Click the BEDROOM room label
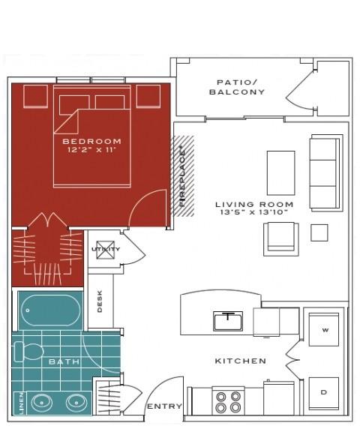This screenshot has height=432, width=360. pos(92,141)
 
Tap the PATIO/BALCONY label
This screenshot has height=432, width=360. pos(237,87)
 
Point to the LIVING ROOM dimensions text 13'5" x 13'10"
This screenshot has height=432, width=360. pos(254,212)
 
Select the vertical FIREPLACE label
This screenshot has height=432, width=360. pos(182,175)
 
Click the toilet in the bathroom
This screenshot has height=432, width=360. pos(28,351)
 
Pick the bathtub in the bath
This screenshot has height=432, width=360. pos(51,310)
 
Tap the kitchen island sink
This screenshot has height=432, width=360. pos(228,321)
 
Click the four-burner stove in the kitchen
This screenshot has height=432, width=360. pos(228,401)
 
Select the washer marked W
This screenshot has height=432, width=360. pos(324,329)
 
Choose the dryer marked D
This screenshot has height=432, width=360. pos(324,393)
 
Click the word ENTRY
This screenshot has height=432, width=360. pos(164,406)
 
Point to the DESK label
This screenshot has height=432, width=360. pos(100,301)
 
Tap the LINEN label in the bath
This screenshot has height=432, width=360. pos(22,403)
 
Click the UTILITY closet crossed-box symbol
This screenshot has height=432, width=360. pos(105,250)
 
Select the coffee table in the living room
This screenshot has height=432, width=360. pos(281,173)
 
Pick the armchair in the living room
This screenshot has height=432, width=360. pos(281,239)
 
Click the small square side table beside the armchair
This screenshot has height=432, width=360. pos(319,232)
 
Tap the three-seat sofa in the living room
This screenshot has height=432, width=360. pos(326,172)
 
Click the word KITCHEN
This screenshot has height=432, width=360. pos(241,361)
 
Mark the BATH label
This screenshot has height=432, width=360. pos(64,361)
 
